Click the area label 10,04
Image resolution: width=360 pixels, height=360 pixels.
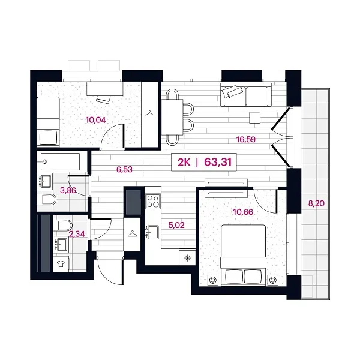(95, 120)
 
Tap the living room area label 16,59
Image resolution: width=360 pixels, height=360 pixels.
(246, 139)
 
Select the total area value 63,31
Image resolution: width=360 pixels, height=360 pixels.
(218, 162)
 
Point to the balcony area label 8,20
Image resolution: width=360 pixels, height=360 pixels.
(316, 203)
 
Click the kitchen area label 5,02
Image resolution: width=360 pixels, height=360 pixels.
(176, 225)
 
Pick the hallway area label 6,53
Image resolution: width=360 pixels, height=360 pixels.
(124, 169)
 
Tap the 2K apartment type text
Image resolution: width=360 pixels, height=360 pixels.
(184, 162)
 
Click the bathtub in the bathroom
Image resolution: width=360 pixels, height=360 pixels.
(61, 161)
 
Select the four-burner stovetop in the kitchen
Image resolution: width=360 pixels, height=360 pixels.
(153, 201)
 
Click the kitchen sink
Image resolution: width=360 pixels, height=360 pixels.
(153, 232)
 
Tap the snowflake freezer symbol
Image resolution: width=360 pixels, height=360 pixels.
(188, 258)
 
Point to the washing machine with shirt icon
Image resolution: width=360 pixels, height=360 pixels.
(61, 264)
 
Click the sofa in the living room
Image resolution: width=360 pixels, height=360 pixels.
(246, 95)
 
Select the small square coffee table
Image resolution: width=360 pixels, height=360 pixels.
(255, 118)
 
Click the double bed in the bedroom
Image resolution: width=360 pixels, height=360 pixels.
(243, 256)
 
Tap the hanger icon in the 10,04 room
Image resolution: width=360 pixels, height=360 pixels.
(149, 113)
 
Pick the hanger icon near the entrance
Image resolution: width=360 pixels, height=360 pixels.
(132, 234)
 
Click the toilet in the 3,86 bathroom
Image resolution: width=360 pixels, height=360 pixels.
(49, 200)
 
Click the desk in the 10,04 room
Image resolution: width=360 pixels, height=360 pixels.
(104, 89)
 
